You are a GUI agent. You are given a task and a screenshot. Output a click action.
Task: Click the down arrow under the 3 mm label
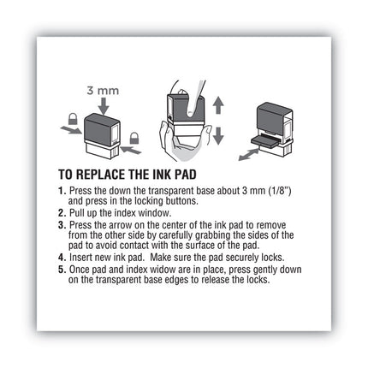pos(104,105)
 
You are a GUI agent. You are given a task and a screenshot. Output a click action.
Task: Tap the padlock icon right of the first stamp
pos(135,137)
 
